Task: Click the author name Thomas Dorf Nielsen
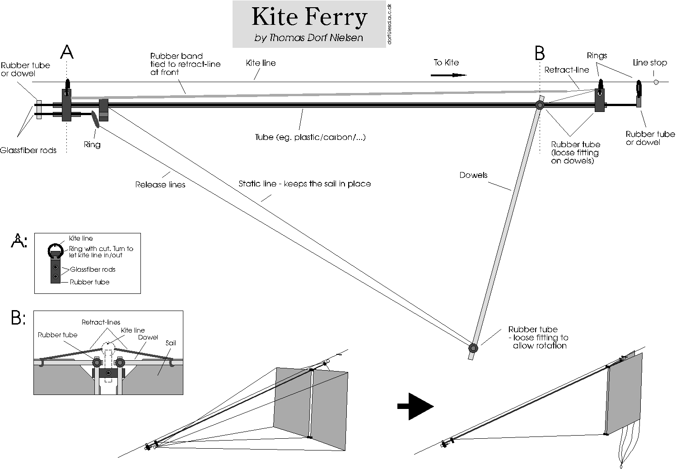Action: pyautogui.click(x=309, y=38)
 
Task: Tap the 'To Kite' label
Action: pyautogui.click(x=446, y=63)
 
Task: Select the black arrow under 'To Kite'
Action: pyautogui.click(x=448, y=75)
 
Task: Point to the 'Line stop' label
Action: pyautogui.click(x=650, y=63)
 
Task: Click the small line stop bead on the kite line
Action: pyautogui.click(x=656, y=82)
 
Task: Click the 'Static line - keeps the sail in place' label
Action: pyautogui.click(x=304, y=184)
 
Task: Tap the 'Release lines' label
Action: pyautogui.click(x=160, y=185)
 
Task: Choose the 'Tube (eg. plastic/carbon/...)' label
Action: pyautogui.click(x=310, y=137)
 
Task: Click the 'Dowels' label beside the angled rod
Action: pyautogui.click(x=473, y=175)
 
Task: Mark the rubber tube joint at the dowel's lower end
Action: pyautogui.click(x=473, y=348)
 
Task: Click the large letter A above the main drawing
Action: pyautogui.click(x=67, y=52)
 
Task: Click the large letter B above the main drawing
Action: pyautogui.click(x=540, y=53)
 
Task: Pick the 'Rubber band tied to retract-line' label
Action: pyautogui.click(x=185, y=64)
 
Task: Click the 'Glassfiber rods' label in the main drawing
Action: pyautogui.click(x=28, y=150)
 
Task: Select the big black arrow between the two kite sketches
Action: pyautogui.click(x=415, y=406)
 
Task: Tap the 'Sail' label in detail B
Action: pyautogui.click(x=171, y=343)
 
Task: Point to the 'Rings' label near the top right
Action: pyautogui.click(x=597, y=56)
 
